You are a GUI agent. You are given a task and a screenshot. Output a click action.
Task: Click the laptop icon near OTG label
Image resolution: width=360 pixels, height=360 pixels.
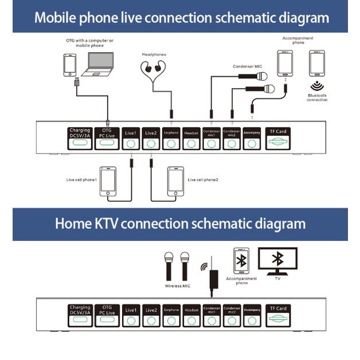[x=97, y=65]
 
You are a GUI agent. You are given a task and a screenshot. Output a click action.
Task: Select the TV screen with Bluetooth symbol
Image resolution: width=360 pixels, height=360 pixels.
[x=278, y=259]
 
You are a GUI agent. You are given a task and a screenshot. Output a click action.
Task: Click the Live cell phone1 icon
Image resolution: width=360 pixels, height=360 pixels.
[x=108, y=181]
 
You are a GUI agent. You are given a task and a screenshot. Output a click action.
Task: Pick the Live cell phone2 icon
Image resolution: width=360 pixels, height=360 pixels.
[x=175, y=181]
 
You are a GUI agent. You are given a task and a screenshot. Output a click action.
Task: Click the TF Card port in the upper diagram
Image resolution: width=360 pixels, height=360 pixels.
[x=278, y=139]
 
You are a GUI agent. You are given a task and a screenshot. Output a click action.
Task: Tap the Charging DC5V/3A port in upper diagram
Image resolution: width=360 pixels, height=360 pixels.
[x=80, y=139]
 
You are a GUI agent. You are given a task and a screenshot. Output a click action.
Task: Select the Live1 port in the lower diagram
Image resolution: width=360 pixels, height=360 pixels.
[x=131, y=316]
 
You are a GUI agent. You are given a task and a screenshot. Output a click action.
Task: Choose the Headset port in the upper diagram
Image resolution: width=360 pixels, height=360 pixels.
[x=191, y=139]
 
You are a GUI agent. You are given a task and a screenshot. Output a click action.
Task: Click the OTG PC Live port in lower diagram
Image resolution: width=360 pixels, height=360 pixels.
[x=107, y=316]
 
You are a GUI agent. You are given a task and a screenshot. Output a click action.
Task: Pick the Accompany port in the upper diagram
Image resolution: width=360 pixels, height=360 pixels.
[x=252, y=139]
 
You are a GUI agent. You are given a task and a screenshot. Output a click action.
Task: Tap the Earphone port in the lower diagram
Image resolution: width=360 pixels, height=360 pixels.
[x=171, y=316]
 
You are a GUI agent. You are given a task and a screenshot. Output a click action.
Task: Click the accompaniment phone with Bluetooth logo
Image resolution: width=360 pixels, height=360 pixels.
[x=241, y=261]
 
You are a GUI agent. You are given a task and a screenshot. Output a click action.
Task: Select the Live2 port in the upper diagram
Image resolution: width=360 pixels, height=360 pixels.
[x=151, y=139]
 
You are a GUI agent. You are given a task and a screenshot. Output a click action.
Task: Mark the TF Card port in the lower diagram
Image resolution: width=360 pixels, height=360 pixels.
[x=278, y=316]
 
